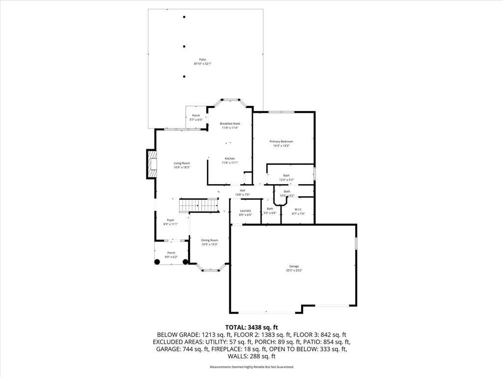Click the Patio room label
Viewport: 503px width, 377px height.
[202, 59]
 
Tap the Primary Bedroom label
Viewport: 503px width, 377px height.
[281, 141]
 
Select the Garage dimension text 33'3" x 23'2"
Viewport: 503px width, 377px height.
[294, 270]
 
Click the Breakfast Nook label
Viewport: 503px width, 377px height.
[229, 124]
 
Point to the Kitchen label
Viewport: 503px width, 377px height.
[230, 159]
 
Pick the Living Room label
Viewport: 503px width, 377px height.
[182, 163]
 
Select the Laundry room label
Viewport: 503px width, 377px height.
[246, 211]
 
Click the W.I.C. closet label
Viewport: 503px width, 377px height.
[298, 210]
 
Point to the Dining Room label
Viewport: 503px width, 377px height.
[209, 240]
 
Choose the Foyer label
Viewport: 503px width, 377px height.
[170, 220]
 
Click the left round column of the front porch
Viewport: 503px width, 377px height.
[158, 262]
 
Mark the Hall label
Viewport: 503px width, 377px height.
[242, 190]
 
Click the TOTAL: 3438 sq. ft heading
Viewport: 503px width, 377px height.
[251, 327]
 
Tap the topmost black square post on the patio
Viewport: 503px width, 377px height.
[184, 17]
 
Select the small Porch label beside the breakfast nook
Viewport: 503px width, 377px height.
[196, 116]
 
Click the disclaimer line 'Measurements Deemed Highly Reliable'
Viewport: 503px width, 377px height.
[251, 367]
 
